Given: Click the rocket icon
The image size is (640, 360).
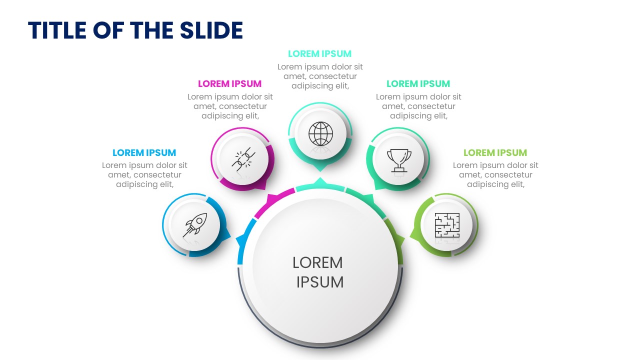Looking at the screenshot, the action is click(x=195, y=225).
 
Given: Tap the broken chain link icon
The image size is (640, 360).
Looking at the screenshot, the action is click(x=243, y=159).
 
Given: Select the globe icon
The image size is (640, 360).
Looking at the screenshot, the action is click(x=320, y=133).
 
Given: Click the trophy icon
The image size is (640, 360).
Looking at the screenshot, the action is click(x=399, y=160).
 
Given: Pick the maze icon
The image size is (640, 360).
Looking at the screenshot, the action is click(x=447, y=225).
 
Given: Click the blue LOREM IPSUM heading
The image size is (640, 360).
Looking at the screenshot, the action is click(x=144, y=153).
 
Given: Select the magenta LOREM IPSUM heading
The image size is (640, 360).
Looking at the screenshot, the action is click(x=229, y=83).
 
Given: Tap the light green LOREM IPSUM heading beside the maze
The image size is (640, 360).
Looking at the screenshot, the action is click(x=495, y=153).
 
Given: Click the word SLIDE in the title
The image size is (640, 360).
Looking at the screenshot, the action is click(x=211, y=30).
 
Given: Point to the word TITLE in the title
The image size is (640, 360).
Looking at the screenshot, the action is click(x=57, y=30).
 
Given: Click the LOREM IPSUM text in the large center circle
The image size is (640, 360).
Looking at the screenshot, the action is click(x=318, y=272).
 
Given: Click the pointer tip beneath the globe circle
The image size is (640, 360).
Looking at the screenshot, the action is click(x=320, y=171).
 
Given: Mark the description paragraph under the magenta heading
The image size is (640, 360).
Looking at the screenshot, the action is click(x=230, y=106).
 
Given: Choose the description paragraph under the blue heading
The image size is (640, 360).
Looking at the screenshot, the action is click(x=144, y=175).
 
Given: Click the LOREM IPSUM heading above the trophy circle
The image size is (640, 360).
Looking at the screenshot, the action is click(x=418, y=83).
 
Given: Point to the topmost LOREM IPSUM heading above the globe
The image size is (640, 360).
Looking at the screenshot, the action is click(x=319, y=53).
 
